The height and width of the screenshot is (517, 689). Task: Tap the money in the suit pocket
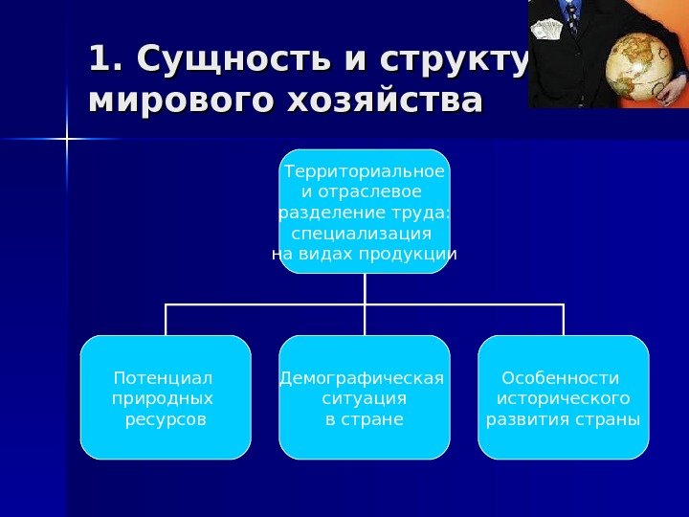[548, 29]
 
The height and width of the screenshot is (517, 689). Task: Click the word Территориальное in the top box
[365, 171]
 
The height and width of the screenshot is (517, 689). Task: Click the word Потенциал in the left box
[163, 377]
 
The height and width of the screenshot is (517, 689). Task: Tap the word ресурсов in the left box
[166, 419]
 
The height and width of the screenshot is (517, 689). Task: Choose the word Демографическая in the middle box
[362, 377]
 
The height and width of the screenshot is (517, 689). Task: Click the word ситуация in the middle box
[365, 398]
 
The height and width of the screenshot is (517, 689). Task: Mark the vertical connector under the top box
[365, 289]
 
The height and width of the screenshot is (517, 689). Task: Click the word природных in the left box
[163, 398]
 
